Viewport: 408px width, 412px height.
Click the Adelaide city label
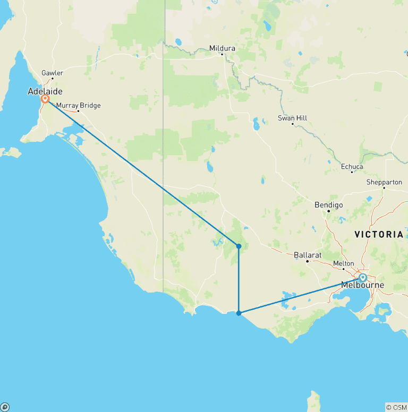[45, 91]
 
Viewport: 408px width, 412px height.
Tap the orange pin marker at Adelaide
[45, 99]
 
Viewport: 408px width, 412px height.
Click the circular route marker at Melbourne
[363, 277]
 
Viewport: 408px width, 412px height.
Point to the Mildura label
[222, 48]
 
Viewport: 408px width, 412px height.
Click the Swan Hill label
[292, 118]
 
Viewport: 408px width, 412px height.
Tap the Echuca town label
[352, 167]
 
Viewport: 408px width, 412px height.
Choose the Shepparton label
[384, 182]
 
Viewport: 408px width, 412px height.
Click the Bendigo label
[329, 204]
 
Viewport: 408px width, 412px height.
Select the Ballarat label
[308, 255]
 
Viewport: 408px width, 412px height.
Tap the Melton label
[343, 263]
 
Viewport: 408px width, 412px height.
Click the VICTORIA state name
[379, 234]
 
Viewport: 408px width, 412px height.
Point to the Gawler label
[52, 73]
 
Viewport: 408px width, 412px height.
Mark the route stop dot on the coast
[239, 313]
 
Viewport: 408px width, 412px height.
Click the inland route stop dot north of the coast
[239, 246]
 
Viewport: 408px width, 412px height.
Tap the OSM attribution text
[396, 407]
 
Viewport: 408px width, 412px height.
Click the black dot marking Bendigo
[329, 211]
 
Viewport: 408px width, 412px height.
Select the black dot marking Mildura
[222, 54]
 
